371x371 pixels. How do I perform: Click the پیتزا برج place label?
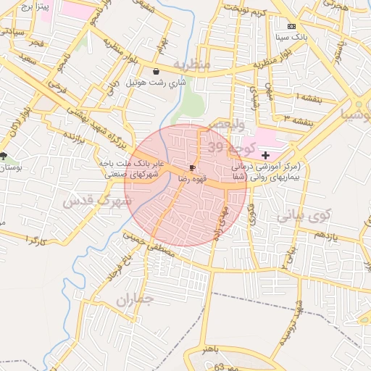click(x=32, y=7)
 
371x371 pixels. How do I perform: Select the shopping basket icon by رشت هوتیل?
click(x=157, y=71)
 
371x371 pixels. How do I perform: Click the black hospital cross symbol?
click(x=266, y=155)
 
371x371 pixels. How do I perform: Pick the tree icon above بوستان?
click(x=4, y=156)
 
